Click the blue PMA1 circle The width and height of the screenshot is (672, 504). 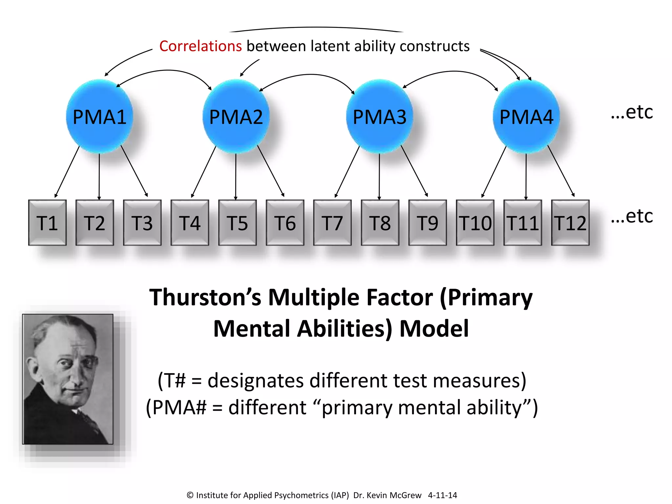99,116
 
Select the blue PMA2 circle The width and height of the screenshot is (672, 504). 236,116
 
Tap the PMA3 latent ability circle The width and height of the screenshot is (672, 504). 379,116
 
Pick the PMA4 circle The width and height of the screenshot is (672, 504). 526,116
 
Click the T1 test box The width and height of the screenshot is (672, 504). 47,223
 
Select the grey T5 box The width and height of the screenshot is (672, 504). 237,223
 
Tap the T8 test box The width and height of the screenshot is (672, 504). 380,223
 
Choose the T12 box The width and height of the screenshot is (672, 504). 570,223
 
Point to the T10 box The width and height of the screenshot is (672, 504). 475,223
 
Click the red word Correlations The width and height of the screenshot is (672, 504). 200,46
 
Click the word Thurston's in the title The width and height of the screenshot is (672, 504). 205,297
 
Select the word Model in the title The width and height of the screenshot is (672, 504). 434,329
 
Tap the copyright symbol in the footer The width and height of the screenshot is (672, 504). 190,495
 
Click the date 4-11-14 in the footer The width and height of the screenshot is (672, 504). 442,495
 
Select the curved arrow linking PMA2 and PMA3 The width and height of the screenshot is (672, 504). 310,75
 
